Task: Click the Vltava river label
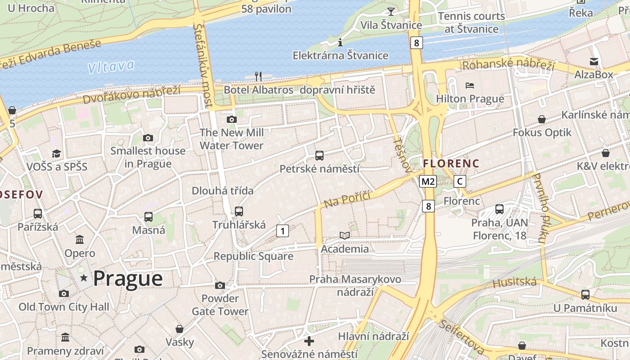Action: [x=111, y=67]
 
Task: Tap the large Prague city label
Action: [x=128, y=278]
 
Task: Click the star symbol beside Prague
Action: [x=84, y=278]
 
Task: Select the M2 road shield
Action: [x=427, y=181]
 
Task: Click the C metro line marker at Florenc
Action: [x=459, y=181]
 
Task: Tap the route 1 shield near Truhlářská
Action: [x=282, y=231]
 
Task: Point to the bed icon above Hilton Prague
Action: [x=470, y=85]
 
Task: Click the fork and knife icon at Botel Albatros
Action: [x=258, y=76]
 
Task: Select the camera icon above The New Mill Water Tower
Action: [x=232, y=119]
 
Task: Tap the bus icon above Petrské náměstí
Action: [x=319, y=156]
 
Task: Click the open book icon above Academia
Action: [x=345, y=235]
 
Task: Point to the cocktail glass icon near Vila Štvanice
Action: [x=391, y=11]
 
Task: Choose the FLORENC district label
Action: [x=451, y=163]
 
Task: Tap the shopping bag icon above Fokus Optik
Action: [x=542, y=119]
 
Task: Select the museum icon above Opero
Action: [x=80, y=239]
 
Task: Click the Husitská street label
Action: [x=515, y=283]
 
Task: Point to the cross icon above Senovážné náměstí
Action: [x=309, y=341]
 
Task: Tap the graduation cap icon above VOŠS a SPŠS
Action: [x=56, y=154]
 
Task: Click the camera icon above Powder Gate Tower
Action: [x=220, y=285]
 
